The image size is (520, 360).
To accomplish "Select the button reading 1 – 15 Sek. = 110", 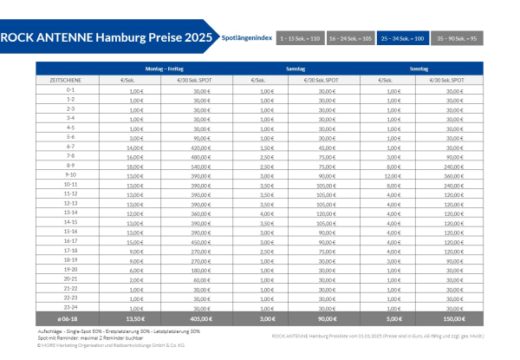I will [299, 39].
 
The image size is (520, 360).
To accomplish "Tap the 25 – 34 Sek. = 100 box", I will [402, 39].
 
